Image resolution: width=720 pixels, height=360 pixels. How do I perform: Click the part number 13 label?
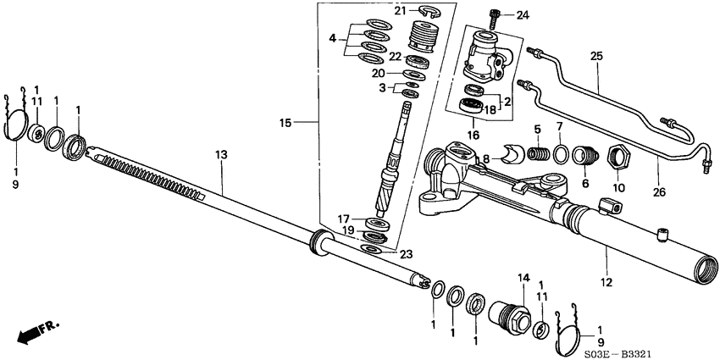coord(222,155)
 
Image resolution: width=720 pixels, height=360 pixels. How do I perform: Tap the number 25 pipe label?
coord(596,57)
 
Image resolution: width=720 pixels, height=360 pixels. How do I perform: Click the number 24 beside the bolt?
coord(522,14)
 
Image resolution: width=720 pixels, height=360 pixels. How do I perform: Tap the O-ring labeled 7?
coord(562,154)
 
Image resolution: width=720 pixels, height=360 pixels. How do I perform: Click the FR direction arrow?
coord(31,333)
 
